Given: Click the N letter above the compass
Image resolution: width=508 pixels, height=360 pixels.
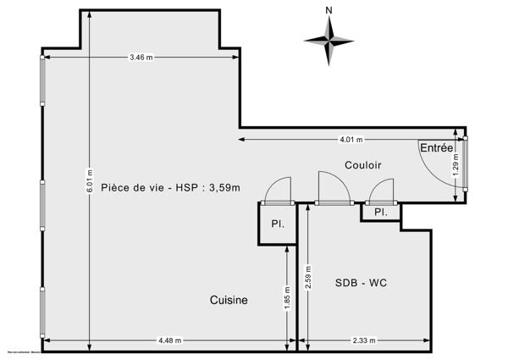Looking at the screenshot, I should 328,11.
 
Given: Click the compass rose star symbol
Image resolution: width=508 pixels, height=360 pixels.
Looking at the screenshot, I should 329,38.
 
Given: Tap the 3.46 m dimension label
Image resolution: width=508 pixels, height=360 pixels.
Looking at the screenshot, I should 141,58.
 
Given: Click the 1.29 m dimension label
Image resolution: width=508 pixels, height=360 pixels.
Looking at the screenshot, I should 456,173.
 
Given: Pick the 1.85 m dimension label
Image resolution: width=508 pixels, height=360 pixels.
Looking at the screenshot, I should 288,297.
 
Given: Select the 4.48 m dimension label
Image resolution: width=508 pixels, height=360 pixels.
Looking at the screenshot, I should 169,341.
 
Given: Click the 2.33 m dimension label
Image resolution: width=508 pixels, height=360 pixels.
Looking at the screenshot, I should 365,341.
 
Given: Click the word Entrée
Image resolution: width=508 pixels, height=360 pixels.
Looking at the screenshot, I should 436,148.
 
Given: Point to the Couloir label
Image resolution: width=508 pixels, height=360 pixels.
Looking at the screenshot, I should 362,165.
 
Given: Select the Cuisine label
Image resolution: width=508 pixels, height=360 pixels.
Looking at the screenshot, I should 229,300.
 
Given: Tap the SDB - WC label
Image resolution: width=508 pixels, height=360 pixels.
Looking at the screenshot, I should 362,282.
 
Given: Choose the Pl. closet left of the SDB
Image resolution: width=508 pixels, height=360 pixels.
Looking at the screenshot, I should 277,224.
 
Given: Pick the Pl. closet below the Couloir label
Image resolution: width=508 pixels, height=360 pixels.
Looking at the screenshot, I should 380,213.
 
